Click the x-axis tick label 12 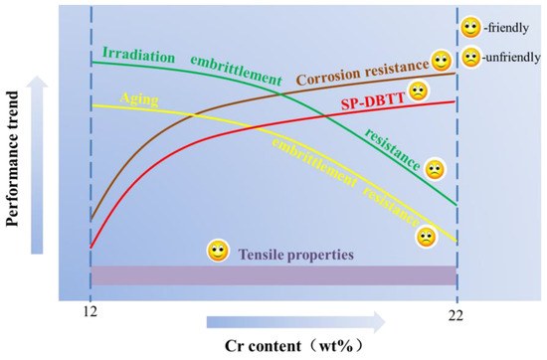[x=90, y=310]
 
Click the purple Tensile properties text [x=295, y=254]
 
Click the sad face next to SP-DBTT [x=420, y=92]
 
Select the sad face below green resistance [x=435, y=168]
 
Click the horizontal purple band [x=273, y=275]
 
